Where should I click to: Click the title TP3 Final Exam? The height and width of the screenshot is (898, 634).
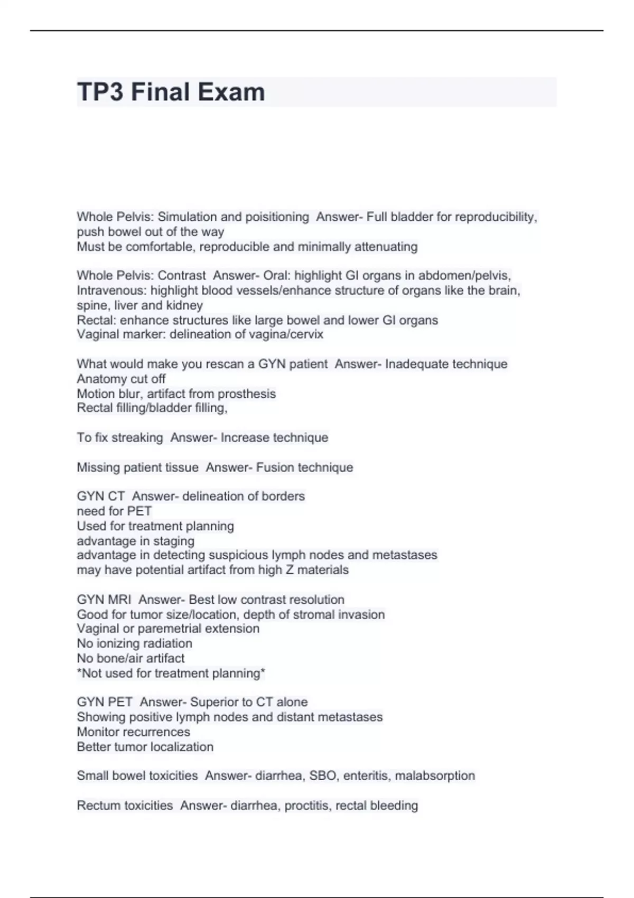pos(171,92)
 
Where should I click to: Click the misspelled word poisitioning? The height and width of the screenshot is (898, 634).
pos(277,217)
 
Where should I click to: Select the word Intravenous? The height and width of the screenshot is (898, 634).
pos(111,290)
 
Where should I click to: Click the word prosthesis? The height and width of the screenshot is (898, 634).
pos(247,394)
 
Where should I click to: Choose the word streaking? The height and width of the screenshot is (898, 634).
pos(138,437)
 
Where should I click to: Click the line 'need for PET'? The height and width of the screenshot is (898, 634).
pos(114,511)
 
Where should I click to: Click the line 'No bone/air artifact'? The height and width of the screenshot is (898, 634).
pos(130,658)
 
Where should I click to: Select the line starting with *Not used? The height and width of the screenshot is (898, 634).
pos(171,673)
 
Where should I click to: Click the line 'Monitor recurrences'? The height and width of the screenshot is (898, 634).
pos(133,732)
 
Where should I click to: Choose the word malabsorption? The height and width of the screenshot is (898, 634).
pos(435,775)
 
